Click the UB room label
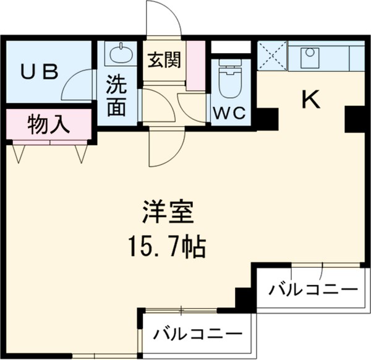pyautogui.click(x=40, y=72)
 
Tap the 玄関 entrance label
pyautogui.click(x=164, y=60)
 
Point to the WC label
pyautogui.click(x=231, y=113)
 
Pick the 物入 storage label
pyautogui.click(x=48, y=125)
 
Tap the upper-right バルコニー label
pyautogui.click(x=314, y=289)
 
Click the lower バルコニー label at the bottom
pyautogui.click(x=198, y=334)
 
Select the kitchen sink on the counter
pyautogui.click(x=309, y=58)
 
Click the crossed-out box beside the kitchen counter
pyautogui.click(x=271, y=56)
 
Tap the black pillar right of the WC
pyautogui.click(x=267, y=118)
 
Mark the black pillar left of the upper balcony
pyautogui.click(x=244, y=299)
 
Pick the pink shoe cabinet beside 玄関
pyautogui.click(x=196, y=65)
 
